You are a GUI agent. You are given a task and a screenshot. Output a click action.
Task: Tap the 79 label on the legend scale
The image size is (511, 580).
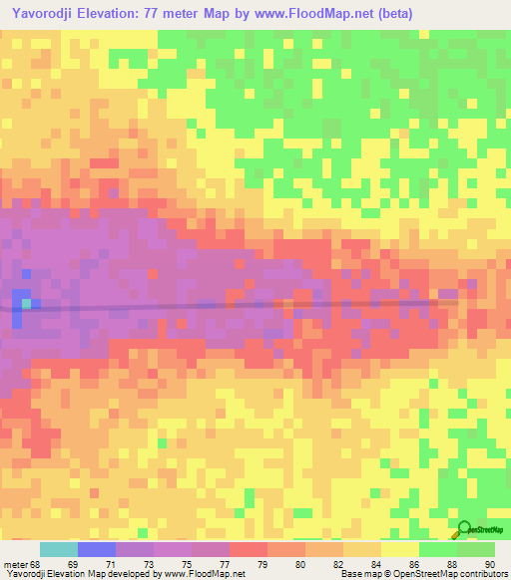264,564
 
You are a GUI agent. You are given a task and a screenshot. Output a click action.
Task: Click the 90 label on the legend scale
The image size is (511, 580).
489,564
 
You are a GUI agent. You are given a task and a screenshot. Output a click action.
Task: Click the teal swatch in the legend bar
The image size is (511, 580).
58,549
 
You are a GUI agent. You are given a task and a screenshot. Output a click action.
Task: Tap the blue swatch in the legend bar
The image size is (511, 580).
96,549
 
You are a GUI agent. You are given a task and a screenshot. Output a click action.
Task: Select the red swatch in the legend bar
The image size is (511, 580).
248,549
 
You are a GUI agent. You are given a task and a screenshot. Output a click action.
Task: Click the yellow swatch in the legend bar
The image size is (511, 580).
399,549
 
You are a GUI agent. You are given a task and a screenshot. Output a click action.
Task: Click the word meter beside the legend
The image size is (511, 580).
15,564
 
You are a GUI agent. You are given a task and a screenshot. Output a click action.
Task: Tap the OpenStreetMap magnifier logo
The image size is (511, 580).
464,529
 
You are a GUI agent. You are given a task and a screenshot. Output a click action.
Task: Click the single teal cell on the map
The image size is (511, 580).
37,303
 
